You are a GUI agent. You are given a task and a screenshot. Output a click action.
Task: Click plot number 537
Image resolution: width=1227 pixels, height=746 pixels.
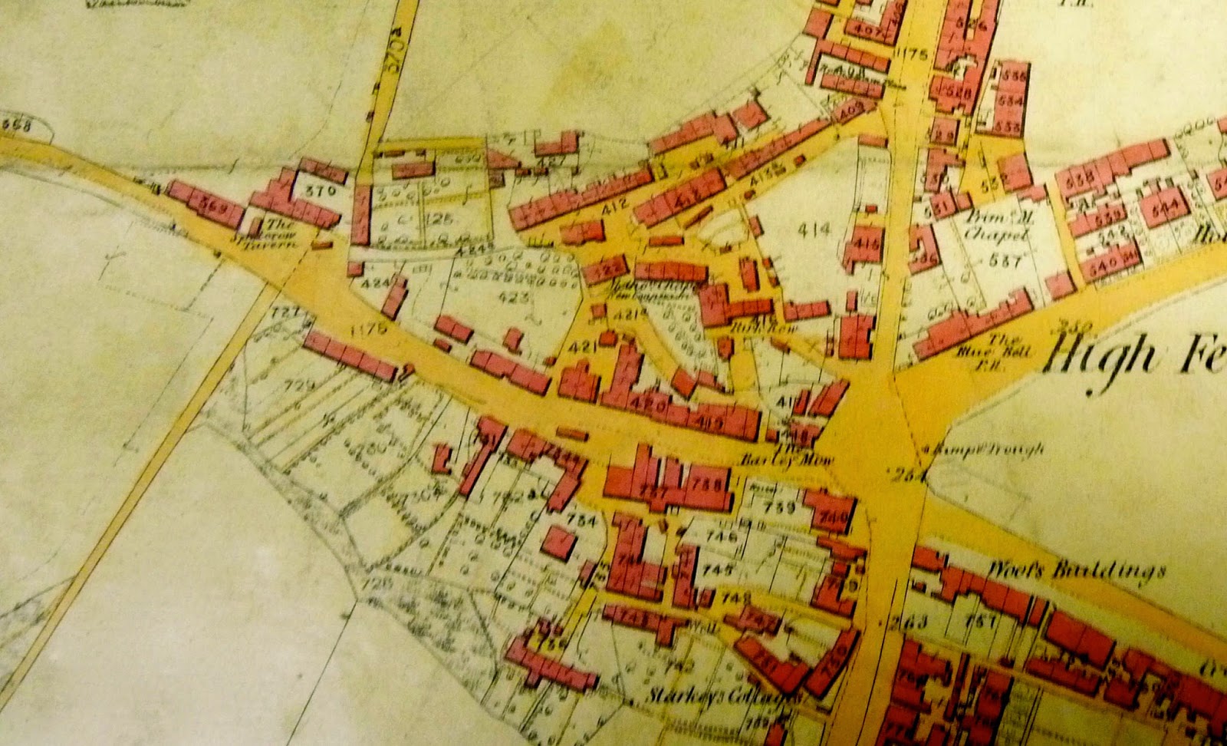(x=1002, y=261)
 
